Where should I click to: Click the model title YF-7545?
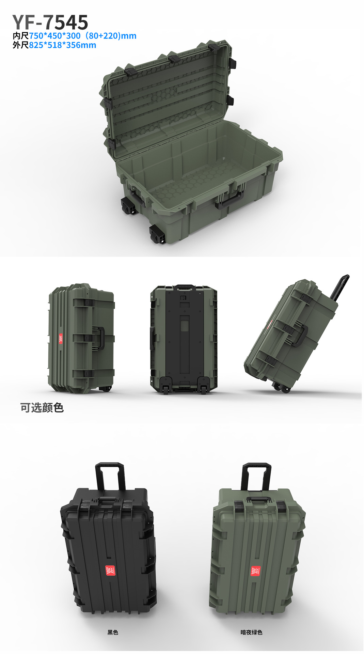point(50,22)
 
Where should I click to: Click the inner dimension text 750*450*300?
point(55,36)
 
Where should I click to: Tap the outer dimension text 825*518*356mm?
point(62,45)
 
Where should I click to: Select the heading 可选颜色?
point(42,407)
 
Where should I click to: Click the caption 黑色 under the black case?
point(113,632)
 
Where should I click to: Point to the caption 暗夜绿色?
point(251,632)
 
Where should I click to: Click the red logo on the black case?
point(110,570)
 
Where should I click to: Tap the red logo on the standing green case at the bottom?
point(256,571)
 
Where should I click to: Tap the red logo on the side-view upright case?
point(61,339)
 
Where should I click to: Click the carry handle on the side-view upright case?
point(100,338)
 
